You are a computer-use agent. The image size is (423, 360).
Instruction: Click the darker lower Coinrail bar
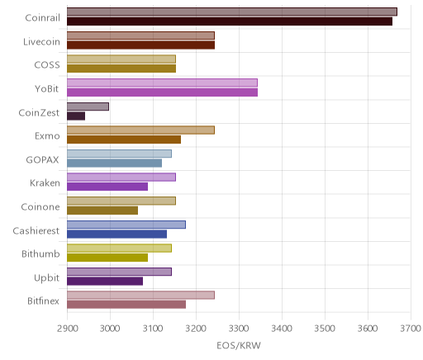coord(230,21)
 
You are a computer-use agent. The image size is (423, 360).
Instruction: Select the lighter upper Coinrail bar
coord(232,12)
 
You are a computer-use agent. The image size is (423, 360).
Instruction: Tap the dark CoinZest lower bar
coord(76,116)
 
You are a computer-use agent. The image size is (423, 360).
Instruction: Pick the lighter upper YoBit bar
coord(162,83)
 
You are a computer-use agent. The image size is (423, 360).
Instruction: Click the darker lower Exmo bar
coord(124,140)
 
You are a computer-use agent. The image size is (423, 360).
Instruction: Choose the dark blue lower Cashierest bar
coord(116,234)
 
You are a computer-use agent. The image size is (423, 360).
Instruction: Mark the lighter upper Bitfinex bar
coord(140,295)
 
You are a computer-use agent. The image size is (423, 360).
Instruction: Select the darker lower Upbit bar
coord(105,282)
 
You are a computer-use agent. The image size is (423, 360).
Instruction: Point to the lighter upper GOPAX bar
coord(119,154)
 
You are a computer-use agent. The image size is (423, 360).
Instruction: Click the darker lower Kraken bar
coord(107,187)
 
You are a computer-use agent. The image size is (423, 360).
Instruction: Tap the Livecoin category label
coord(41,42)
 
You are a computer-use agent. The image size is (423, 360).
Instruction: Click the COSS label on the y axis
coord(47,65)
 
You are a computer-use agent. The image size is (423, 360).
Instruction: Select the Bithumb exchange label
coord(40,253)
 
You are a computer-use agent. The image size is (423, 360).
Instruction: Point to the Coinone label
coord(40,206)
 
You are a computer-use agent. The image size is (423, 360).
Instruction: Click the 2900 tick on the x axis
coord(67,329)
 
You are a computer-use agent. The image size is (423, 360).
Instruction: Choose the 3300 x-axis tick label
coord(239,329)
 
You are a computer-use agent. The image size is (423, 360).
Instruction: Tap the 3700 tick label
coord(411,329)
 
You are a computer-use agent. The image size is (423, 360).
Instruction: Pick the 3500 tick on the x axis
coord(325,329)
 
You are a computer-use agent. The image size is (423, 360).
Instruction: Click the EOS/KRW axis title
coord(239,345)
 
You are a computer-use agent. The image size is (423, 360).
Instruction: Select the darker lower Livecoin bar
coord(140,45)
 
